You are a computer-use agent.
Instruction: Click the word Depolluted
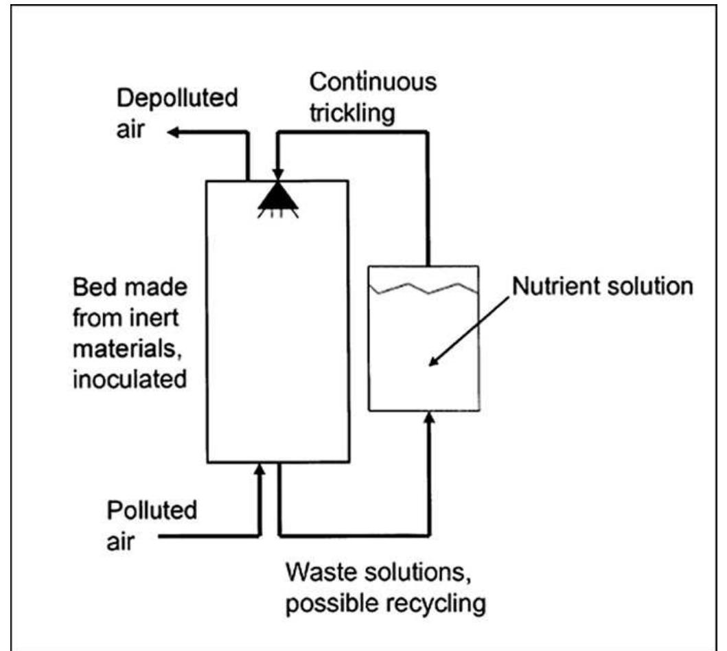point(177,98)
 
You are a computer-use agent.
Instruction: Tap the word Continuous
point(372,82)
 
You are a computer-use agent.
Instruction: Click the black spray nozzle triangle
point(277,196)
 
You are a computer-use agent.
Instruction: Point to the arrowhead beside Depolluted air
point(175,133)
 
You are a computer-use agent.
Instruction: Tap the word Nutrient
point(554,286)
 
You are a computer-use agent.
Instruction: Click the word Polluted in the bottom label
point(152,511)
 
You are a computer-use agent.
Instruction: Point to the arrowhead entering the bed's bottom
point(259,470)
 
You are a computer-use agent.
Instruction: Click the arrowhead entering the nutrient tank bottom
point(430,418)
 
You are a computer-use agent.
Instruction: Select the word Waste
point(319,572)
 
